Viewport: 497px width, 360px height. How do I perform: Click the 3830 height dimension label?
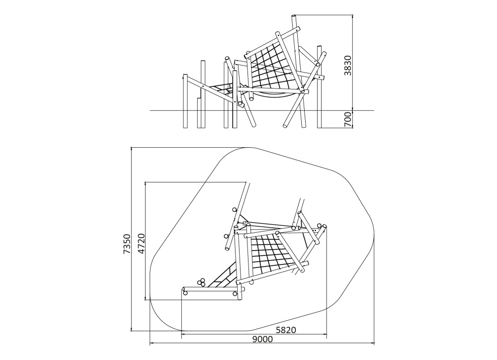(x=348, y=65)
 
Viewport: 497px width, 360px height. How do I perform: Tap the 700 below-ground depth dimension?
(x=348, y=119)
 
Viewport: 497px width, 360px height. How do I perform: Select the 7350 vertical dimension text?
(x=127, y=244)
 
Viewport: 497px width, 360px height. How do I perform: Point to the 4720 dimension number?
(x=141, y=244)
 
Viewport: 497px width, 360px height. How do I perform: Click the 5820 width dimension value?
(x=286, y=330)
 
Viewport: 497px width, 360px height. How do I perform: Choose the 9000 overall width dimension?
(x=262, y=340)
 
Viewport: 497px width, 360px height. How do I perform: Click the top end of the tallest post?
(x=294, y=15)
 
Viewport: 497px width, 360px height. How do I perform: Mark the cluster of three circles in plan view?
(x=201, y=282)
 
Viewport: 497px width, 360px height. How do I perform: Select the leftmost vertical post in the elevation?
(x=185, y=101)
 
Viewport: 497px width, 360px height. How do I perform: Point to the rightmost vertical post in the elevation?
(x=320, y=87)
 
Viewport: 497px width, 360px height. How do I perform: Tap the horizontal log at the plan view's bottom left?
(x=210, y=289)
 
